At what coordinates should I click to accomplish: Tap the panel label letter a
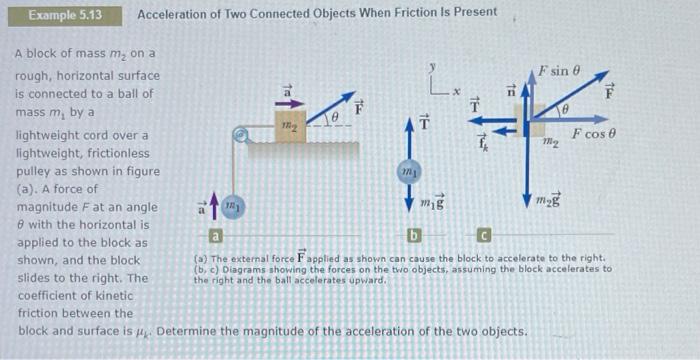point(212,238)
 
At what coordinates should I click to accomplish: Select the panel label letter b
point(412,237)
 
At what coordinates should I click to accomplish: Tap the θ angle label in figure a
point(338,118)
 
